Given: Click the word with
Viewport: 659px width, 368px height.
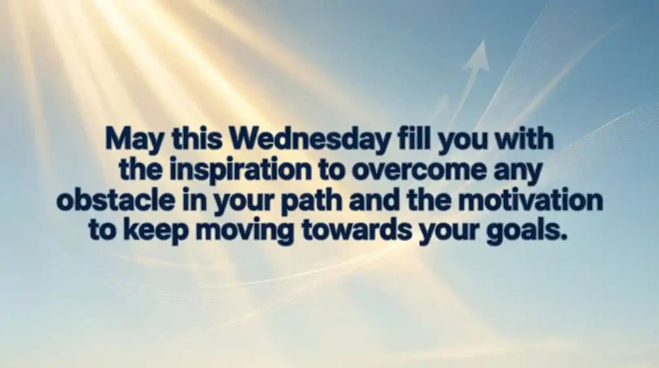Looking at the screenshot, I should click(x=524, y=139).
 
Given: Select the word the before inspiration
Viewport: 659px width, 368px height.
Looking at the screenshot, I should click(x=140, y=169).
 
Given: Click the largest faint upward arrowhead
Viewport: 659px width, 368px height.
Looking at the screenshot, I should click(x=476, y=57).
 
